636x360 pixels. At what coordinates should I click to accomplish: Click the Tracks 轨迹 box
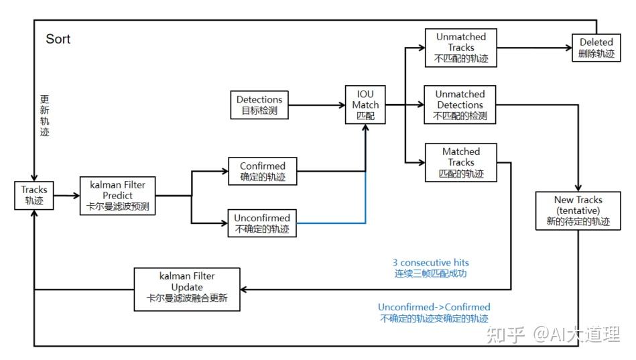click(x=34, y=195)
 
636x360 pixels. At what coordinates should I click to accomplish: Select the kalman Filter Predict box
click(x=117, y=195)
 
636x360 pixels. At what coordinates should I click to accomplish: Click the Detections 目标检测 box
click(x=259, y=105)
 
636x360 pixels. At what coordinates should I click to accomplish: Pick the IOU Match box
click(x=366, y=105)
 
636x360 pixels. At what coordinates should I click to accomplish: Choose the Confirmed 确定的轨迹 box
click(x=262, y=171)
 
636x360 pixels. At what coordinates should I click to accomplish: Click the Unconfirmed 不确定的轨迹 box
click(x=262, y=223)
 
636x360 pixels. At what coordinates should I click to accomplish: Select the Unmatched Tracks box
click(x=460, y=48)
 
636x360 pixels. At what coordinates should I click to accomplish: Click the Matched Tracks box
click(x=461, y=162)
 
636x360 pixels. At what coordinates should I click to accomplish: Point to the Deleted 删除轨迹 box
click(x=596, y=48)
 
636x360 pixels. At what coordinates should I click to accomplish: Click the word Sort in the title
click(x=58, y=39)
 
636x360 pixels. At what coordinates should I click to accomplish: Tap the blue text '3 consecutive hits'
click(x=430, y=263)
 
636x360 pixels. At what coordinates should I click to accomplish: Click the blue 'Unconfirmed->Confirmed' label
click(x=434, y=307)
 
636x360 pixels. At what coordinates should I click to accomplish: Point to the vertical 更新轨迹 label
click(x=44, y=115)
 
